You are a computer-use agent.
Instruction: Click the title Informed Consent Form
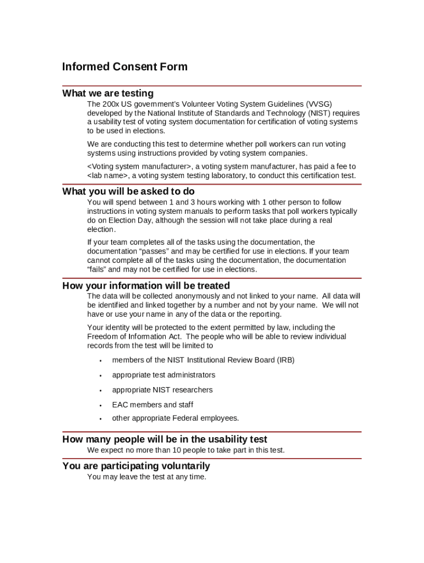[x=124, y=67]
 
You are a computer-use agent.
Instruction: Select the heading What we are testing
[x=108, y=93]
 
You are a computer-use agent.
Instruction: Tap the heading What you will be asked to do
[x=128, y=191]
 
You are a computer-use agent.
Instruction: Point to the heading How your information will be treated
[x=146, y=286]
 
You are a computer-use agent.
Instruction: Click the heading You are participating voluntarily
[x=136, y=466]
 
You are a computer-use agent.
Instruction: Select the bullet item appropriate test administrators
[x=164, y=375]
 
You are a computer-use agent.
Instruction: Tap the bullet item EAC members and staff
[x=153, y=405]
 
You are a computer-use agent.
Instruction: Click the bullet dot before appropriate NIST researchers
[x=101, y=390]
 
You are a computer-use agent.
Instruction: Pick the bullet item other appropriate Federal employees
[x=176, y=418]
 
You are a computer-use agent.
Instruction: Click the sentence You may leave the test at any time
[x=146, y=477]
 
